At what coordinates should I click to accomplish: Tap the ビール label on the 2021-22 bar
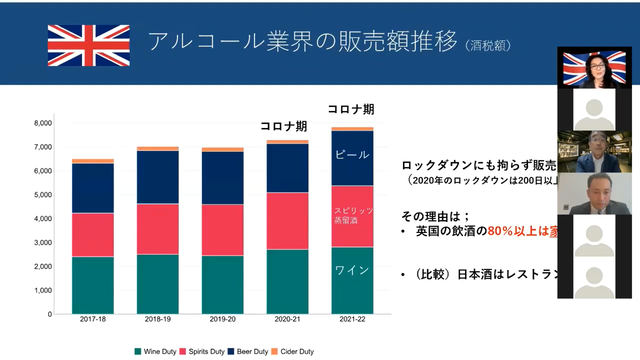352,156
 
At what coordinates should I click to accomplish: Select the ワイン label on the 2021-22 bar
352,270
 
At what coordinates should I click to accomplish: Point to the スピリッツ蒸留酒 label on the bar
352,216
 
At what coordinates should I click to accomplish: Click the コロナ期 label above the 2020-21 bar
283,126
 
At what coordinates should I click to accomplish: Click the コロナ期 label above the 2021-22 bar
351,109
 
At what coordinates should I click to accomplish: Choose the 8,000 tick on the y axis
41,123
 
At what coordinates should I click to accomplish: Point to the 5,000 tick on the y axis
41,195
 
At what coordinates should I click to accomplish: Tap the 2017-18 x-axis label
92,321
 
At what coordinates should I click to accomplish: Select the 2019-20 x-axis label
222,321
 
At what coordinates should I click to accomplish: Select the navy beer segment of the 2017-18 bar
92,188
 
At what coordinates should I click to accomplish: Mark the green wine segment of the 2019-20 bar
222,284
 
